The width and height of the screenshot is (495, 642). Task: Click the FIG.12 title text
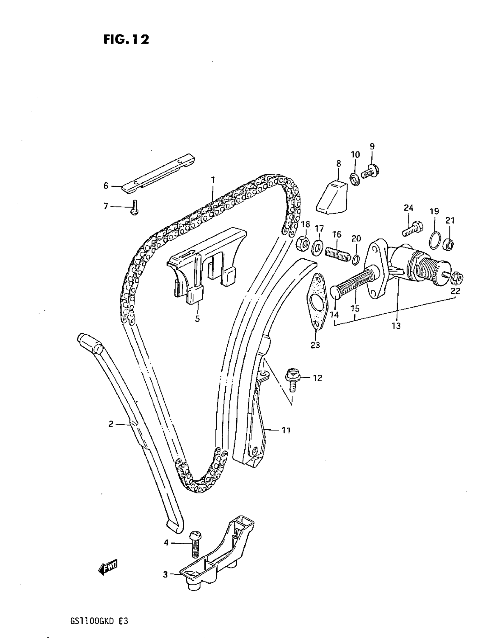pos(126,39)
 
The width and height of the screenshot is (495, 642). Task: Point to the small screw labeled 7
pos(135,207)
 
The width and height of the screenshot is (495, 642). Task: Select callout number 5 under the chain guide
pos(197,319)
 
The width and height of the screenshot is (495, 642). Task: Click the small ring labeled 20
pos(356,259)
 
